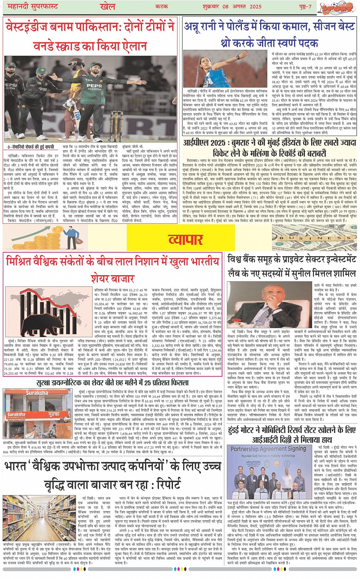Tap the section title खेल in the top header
(108, 6)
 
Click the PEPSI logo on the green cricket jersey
(94, 86)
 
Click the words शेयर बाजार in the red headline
(111, 278)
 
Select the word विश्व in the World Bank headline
(237, 259)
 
